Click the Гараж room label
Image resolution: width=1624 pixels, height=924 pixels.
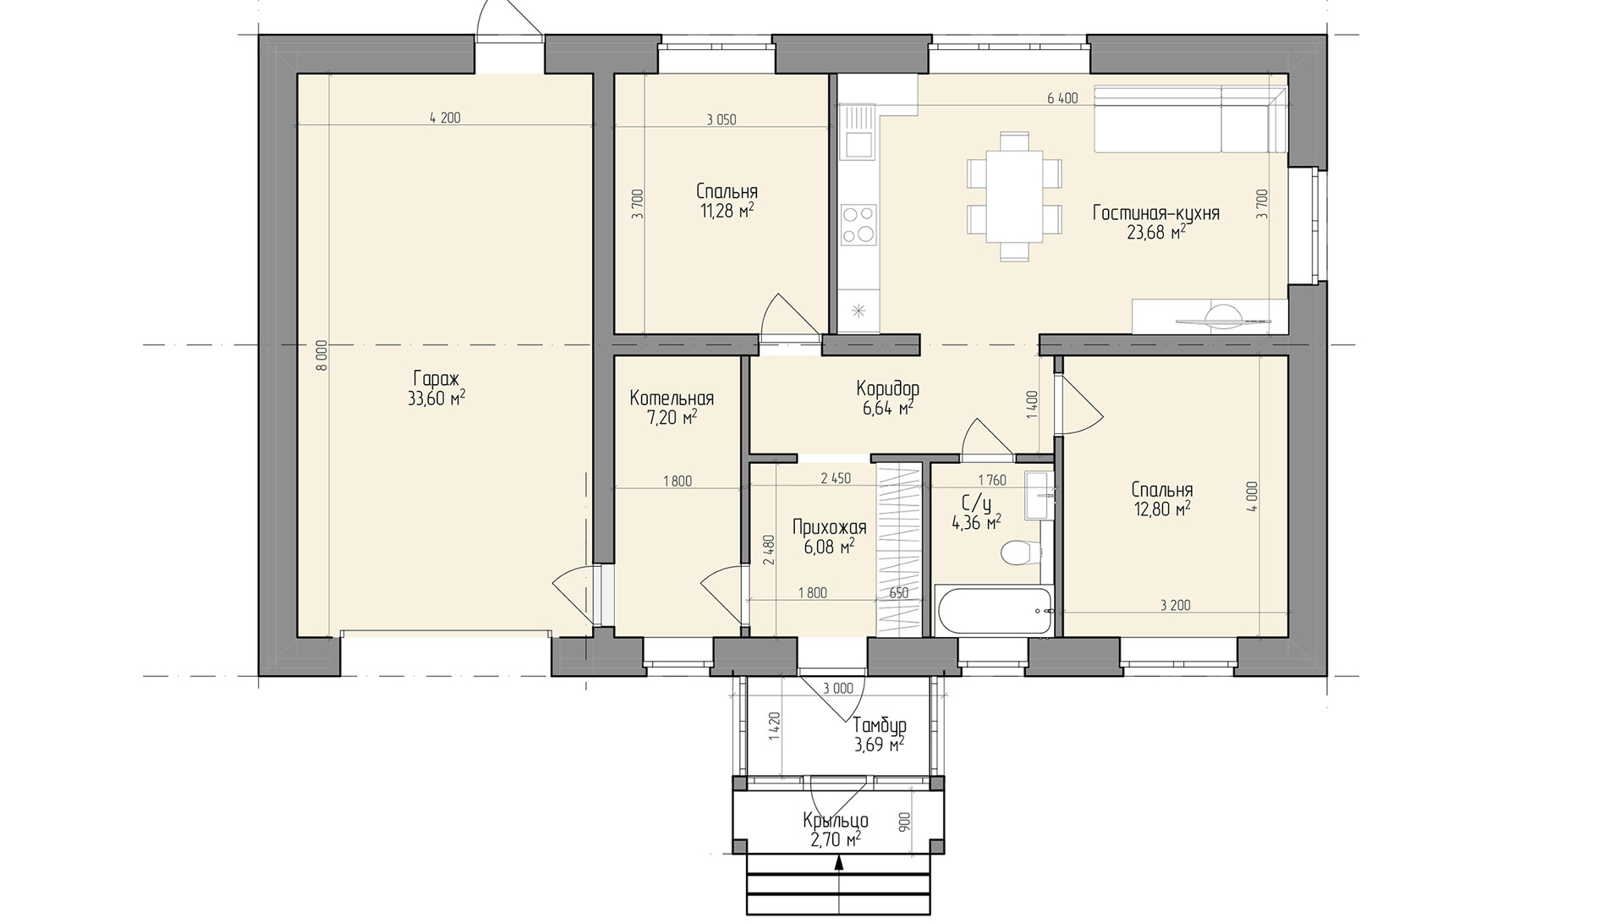click(436, 379)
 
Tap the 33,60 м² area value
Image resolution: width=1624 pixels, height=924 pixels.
click(436, 399)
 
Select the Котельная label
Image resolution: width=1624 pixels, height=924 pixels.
click(672, 399)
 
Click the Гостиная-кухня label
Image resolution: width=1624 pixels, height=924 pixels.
click(1156, 213)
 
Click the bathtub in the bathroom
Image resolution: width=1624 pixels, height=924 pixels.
click(995, 612)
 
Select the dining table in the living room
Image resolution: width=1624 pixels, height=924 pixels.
click(1014, 195)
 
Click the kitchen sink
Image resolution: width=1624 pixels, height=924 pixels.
click(856, 132)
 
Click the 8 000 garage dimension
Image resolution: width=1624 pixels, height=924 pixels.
click(321, 356)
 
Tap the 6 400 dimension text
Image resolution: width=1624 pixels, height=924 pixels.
click(1062, 98)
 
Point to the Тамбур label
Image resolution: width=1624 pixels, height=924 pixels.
click(880, 725)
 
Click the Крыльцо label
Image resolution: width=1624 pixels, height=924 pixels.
click(836, 821)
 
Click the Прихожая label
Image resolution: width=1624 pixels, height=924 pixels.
click(829, 529)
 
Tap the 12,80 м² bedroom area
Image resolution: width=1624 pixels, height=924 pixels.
click(1162, 509)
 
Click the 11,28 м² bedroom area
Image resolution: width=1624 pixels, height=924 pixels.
click(727, 211)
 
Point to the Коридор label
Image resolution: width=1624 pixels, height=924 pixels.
click(887, 389)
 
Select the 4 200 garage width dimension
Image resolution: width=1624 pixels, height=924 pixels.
click(445, 118)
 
